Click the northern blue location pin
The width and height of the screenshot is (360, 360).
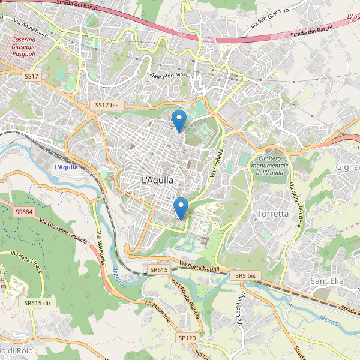179,121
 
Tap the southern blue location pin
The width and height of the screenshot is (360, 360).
181,208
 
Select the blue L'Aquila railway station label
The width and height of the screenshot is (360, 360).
66,167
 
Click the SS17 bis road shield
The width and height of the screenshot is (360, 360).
106,105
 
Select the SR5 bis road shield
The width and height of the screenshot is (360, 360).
245,275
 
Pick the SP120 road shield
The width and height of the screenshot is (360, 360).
187,338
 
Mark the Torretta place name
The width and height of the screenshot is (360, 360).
272,214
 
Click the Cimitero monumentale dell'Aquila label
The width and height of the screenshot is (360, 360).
270,165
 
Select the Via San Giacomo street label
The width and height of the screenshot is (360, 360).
270,18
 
